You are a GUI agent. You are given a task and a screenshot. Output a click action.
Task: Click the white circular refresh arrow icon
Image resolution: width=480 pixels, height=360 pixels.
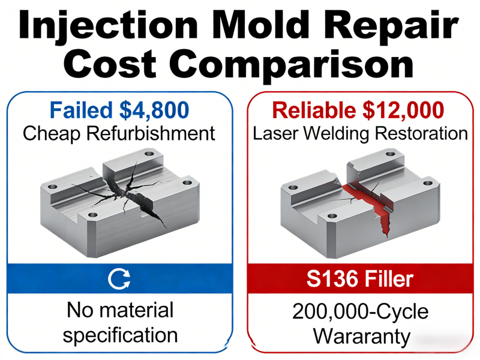click(x=119, y=279)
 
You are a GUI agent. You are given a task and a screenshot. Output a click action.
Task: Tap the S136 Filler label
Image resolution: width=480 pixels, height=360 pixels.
click(x=359, y=279)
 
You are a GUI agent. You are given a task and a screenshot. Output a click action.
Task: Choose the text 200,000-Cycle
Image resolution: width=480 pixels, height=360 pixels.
click(x=360, y=311)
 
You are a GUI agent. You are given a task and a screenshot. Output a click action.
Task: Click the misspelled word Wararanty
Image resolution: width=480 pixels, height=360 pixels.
click(x=360, y=335)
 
